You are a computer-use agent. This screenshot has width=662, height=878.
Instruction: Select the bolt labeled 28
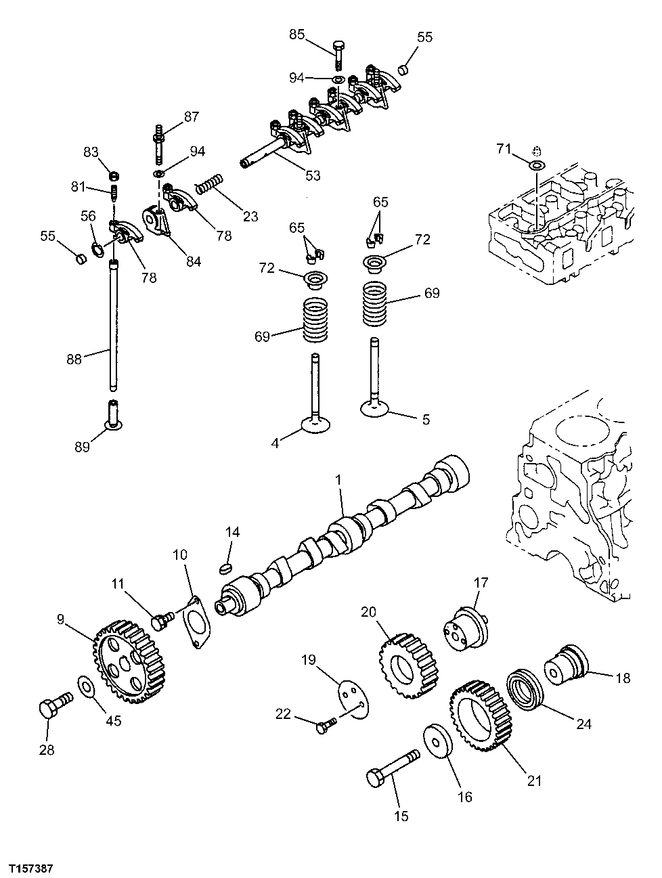tap(53, 707)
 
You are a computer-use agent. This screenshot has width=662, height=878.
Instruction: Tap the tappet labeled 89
tap(113, 416)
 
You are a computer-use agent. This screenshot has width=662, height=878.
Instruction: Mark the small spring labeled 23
tap(209, 183)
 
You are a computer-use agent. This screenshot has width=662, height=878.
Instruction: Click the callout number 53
tap(312, 176)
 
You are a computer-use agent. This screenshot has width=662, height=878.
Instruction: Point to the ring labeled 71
tap(536, 165)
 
